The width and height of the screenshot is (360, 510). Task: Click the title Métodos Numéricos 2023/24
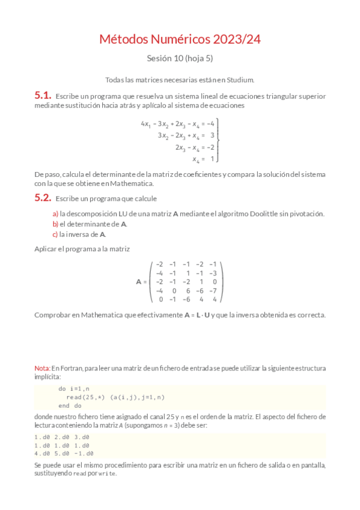(180, 40)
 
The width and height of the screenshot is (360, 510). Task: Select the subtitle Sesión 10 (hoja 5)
(180, 59)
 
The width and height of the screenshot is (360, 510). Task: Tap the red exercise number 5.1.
(42, 95)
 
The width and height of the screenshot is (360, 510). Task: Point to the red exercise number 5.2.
(42, 197)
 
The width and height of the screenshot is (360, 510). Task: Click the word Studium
(242, 79)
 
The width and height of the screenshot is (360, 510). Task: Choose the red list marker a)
(55, 214)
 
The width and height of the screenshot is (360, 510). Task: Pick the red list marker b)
(55, 224)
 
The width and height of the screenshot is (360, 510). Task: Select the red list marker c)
(55, 235)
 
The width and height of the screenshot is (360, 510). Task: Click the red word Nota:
(42, 367)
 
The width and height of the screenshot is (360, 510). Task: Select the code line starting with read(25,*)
(115, 398)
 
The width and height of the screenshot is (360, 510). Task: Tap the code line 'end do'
(70, 406)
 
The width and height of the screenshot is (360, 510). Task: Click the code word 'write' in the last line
(108, 474)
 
